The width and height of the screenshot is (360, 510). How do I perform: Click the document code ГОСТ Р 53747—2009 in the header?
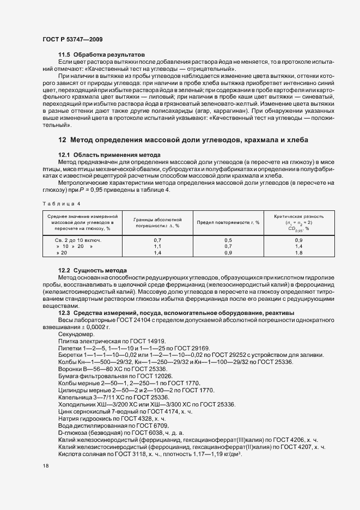pos(72,40)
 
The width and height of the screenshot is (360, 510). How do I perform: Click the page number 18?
pos(46,466)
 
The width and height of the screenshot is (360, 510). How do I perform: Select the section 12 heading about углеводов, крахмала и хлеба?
pos(183,140)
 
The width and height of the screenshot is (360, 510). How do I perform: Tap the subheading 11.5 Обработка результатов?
pos(101,55)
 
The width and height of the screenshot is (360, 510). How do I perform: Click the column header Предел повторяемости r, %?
pos(221,222)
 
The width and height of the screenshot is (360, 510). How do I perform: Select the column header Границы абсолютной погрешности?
pos(157,222)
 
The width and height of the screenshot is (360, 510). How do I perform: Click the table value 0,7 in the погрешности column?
pos(157,240)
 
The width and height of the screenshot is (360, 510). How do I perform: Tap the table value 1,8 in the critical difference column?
pos(298,253)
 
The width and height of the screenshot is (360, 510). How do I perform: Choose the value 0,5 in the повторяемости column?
pos(228,240)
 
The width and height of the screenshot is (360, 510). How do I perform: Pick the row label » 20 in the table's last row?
pos(61,253)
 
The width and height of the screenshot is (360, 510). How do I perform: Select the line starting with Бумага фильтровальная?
pos(115,377)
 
